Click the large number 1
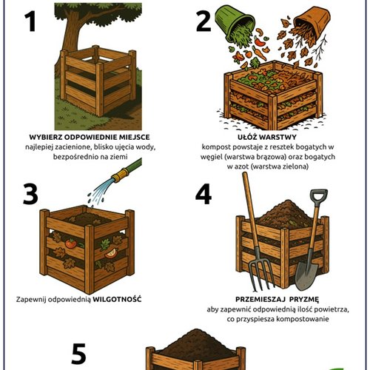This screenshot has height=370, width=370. pyautogui.click(x=31, y=21)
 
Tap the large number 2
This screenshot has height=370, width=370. pyautogui.click(x=203, y=21)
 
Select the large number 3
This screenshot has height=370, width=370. pyautogui.click(x=30, y=194)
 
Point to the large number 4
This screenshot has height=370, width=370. pyautogui.click(x=203, y=194)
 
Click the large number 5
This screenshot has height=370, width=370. pyautogui.click(x=79, y=354)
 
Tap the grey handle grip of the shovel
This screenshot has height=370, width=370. pyautogui.click(x=319, y=195)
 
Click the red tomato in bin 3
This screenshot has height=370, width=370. pyautogui.click(x=71, y=243)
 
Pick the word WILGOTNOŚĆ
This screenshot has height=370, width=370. pyautogui.click(x=117, y=300)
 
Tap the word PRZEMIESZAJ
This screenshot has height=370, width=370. pyautogui.click(x=261, y=300)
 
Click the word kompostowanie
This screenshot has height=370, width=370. pyautogui.click(x=303, y=319)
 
